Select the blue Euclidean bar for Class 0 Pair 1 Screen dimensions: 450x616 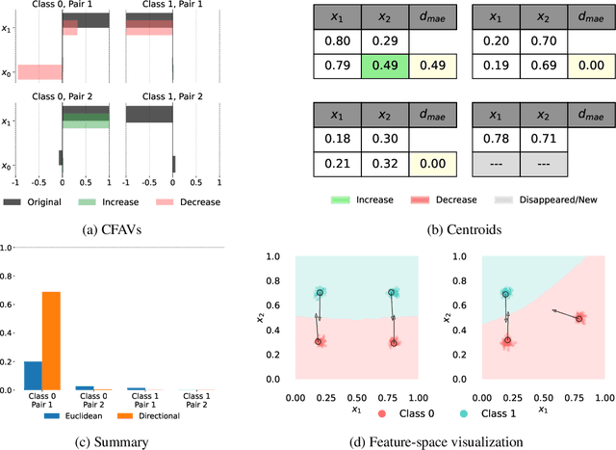click(x=33, y=376)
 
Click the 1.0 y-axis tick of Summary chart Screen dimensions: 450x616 click(x=8, y=248)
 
